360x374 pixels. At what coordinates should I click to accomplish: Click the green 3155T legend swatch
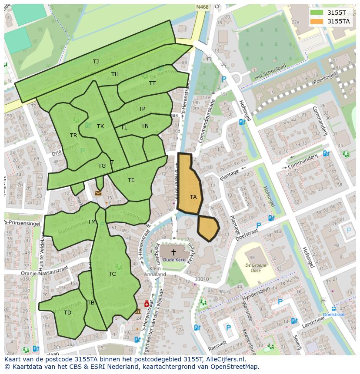(317, 13)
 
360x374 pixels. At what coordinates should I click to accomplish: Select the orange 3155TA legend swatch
(317, 21)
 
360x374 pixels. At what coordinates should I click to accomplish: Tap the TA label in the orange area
(193, 197)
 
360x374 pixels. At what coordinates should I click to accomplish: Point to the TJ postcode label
(96, 62)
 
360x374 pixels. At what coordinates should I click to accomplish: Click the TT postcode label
(152, 83)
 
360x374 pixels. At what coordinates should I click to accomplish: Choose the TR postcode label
(73, 136)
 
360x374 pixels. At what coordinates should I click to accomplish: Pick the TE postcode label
(131, 180)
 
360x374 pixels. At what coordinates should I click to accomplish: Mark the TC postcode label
(112, 274)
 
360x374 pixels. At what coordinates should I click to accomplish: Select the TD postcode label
(67, 312)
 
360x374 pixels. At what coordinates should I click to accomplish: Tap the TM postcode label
(92, 222)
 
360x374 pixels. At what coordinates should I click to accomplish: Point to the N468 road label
(202, 7)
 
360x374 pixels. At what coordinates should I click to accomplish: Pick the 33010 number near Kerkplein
(201, 279)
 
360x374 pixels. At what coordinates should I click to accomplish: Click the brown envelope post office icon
(98, 193)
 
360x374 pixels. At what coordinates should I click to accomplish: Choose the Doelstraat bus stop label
(334, 314)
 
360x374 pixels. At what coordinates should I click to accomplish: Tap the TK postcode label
(100, 126)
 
